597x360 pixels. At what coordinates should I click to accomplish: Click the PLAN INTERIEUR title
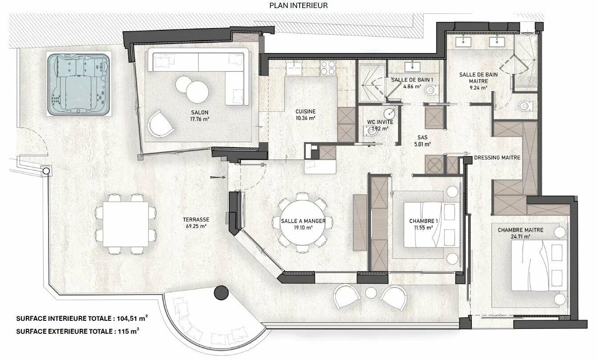coord(298,5)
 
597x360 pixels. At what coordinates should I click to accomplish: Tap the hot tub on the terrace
coord(79,84)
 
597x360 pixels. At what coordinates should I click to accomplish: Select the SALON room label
coord(199,113)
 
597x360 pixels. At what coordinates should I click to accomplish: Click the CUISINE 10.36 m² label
coord(305,115)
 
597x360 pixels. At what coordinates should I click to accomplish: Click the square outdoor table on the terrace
coord(126,224)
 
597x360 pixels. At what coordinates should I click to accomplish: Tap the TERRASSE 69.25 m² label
coord(196,223)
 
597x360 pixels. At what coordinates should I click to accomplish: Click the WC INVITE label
coord(380,122)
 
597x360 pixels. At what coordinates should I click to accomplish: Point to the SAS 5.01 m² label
coord(422,141)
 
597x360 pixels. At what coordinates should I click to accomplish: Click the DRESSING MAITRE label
coord(497,158)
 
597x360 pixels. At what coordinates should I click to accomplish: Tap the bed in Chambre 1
coord(432,225)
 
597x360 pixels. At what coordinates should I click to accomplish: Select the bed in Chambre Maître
coord(539,265)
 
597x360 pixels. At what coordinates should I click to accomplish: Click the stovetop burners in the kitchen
coord(328,68)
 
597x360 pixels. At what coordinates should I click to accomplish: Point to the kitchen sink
coord(294,68)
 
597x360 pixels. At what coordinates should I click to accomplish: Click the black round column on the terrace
coord(221,293)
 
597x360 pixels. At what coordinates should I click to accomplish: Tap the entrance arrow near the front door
coord(218,177)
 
